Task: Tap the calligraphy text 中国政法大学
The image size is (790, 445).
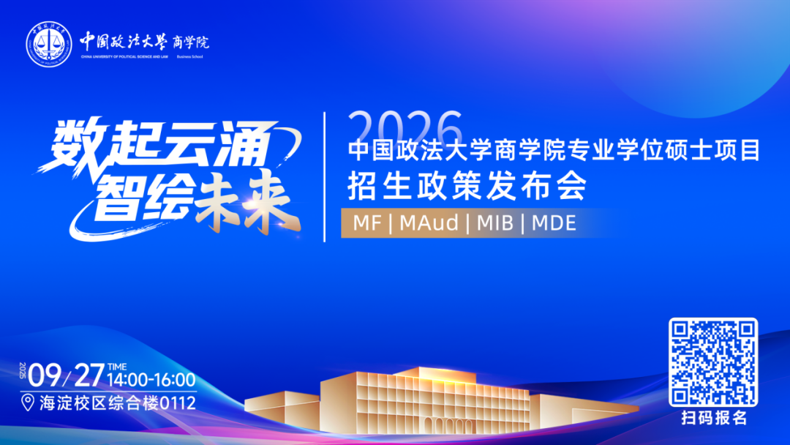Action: pos(124,40)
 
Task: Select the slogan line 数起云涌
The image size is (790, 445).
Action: pos(156,146)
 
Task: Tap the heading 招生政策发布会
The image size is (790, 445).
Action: pos(467,187)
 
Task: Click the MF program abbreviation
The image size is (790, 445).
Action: pos(367,222)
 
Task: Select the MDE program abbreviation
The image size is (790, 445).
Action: pos(554,222)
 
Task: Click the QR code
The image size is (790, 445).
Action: pos(713,362)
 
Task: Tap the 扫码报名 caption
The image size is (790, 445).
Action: pos(713,419)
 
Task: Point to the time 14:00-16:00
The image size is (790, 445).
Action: pos(151,380)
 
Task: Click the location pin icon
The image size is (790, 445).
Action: pos(28,403)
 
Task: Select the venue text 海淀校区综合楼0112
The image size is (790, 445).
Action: pos(117,403)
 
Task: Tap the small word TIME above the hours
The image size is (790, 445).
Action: pos(117,366)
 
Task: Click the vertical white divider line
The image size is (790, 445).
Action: pos(325,176)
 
